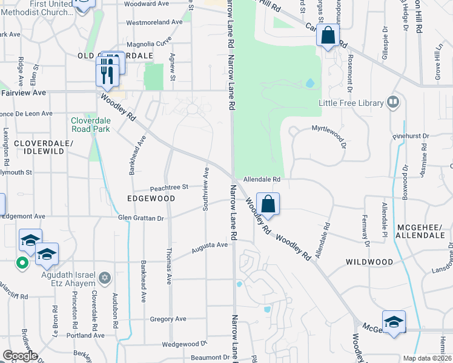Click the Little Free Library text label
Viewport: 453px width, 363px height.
(x=351, y=103)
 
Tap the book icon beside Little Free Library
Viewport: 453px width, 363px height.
(x=394, y=102)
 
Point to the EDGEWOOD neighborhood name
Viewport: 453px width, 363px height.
(x=151, y=198)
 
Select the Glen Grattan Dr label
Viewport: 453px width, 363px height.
(x=141, y=218)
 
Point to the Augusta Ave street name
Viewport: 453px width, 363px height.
(x=210, y=246)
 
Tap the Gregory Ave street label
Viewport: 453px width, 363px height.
(x=168, y=319)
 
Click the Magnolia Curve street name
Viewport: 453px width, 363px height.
(x=145, y=44)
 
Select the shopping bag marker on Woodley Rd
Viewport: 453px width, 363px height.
(x=268, y=203)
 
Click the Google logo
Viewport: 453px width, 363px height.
(x=20, y=356)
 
